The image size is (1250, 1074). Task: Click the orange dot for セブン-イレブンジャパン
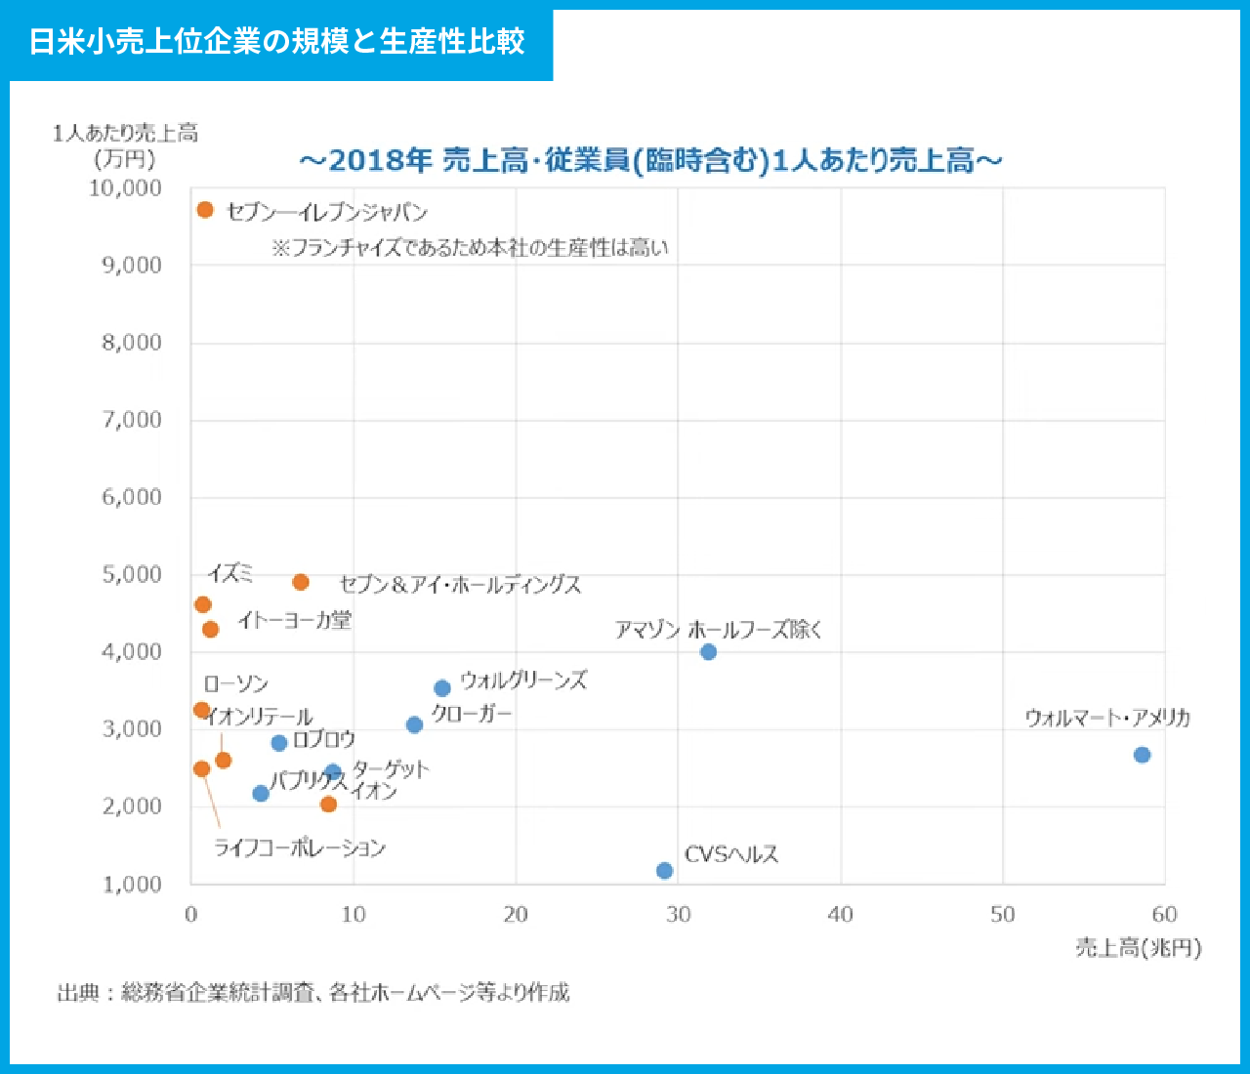pyautogui.click(x=205, y=210)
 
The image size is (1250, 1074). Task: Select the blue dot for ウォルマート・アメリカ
pyautogui.click(x=1142, y=755)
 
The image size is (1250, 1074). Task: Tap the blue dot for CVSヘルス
pyautogui.click(x=665, y=870)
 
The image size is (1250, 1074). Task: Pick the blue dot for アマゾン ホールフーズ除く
pyautogui.click(x=709, y=651)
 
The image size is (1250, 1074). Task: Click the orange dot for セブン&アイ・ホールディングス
pyautogui.click(x=301, y=582)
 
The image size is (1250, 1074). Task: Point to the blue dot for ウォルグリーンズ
pyautogui.click(x=442, y=688)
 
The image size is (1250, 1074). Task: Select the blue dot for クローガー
pyautogui.click(x=414, y=724)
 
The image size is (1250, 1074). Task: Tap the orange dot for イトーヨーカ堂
pyautogui.click(x=210, y=629)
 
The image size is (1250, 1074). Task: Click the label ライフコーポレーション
pyautogui.click(x=300, y=847)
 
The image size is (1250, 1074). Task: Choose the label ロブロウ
pyautogui.click(x=324, y=739)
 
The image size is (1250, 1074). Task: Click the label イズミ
pyautogui.click(x=230, y=573)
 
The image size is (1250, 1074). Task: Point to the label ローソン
pyautogui.click(x=236, y=683)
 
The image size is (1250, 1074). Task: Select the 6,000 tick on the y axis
pyautogui.click(x=132, y=497)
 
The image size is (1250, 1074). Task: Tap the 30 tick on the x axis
pyautogui.click(x=678, y=915)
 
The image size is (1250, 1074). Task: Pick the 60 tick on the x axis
pyautogui.click(x=1164, y=915)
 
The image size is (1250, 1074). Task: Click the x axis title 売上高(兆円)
pyautogui.click(x=1139, y=947)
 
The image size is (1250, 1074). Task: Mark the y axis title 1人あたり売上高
pyautogui.click(x=125, y=133)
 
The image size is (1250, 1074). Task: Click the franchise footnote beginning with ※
pyautogui.click(x=470, y=248)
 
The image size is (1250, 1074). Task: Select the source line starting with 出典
pyautogui.click(x=313, y=993)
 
